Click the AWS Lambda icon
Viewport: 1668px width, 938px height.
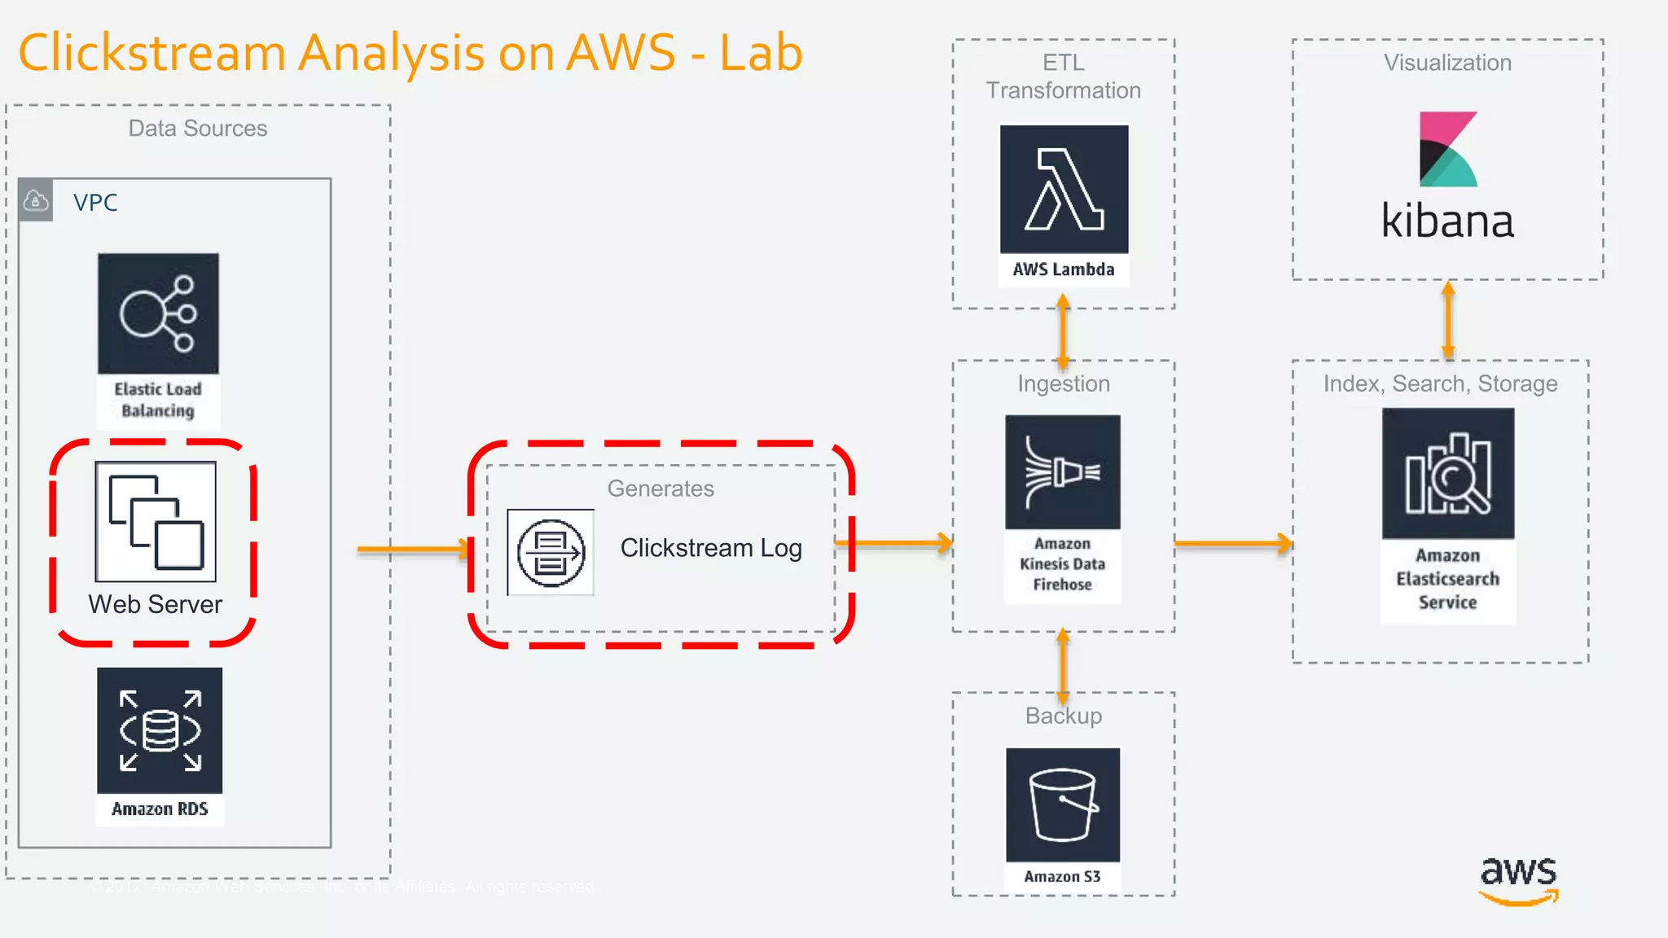coord(1064,189)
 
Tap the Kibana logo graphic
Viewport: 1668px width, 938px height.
coord(1447,150)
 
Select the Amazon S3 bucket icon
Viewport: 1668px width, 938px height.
coord(1063,804)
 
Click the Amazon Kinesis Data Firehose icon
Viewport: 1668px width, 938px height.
coord(1063,472)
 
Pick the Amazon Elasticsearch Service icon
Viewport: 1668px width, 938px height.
coord(1447,474)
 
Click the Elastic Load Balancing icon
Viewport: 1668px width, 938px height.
coord(158,313)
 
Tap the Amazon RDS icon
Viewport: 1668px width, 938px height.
coord(160,730)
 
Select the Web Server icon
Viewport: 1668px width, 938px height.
coord(156,521)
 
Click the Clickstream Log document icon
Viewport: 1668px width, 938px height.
coord(551,553)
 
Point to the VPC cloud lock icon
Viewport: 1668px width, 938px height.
coord(36,200)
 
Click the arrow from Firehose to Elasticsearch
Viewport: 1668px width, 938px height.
coord(1232,543)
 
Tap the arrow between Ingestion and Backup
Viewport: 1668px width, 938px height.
coord(1063,665)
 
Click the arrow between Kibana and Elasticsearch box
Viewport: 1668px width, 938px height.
coord(1447,321)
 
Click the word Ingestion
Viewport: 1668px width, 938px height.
coord(1063,384)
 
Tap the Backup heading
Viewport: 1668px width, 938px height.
coord(1063,716)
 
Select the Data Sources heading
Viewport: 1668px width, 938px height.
coord(198,129)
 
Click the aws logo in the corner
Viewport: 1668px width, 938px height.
coord(1518,879)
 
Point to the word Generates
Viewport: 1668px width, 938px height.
coord(661,489)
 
